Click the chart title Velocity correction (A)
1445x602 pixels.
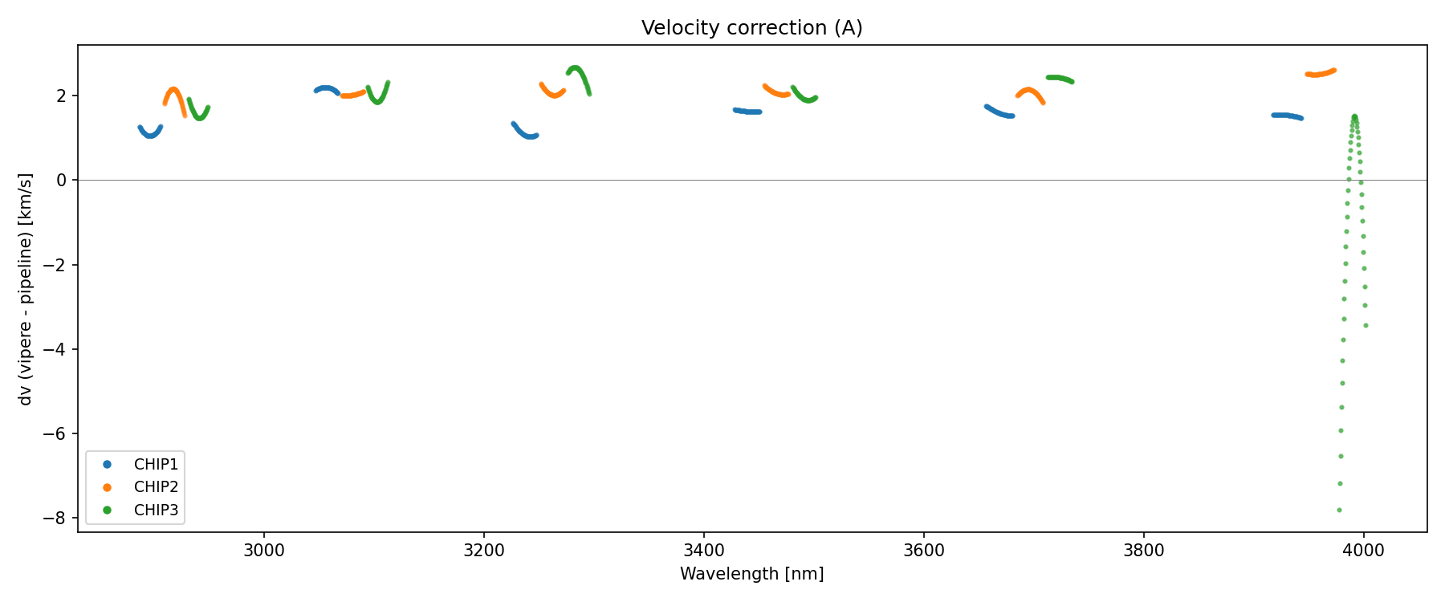pos(751,28)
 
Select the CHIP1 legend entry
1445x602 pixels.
pos(156,465)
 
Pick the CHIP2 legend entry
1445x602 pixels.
pos(156,487)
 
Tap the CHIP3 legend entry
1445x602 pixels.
pos(156,510)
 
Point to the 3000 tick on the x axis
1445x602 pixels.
pos(264,551)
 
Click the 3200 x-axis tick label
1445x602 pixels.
pos(484,551)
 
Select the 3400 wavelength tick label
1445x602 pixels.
pos(704,551)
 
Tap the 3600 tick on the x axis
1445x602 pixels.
pos(924,551)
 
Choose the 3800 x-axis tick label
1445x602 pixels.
pos(1144,551)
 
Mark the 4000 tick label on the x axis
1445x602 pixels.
pos(1363,551)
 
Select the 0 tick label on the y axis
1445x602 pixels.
pos(61,180)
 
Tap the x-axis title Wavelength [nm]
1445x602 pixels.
pos(751,574)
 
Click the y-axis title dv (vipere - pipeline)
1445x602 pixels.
pos(26,289)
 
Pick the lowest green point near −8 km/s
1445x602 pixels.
pos(1339,510)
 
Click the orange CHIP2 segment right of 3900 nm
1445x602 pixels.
pos(1320,73)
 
